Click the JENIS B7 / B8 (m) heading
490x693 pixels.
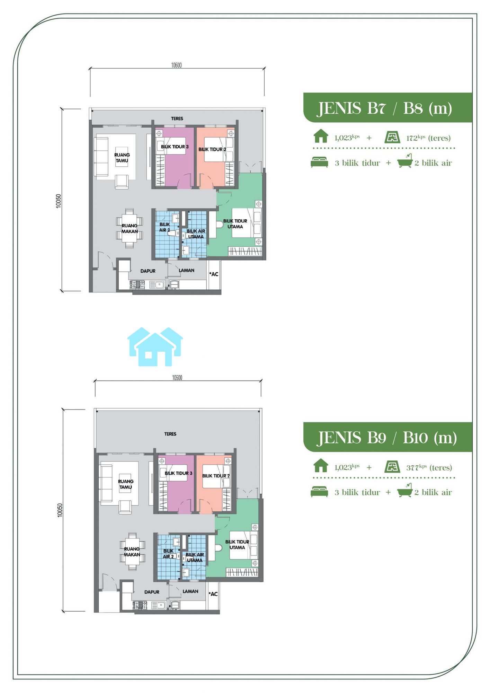pos(385,108)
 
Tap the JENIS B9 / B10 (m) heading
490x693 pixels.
pos(387,438)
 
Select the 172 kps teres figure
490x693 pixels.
pos(428,138)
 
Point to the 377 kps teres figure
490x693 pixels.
pos(429,467)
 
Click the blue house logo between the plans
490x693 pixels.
pos(155,346)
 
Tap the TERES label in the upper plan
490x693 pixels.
pos(177,119)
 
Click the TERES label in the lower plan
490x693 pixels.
pos(170,434)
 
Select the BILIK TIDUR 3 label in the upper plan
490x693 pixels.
pos(175,147)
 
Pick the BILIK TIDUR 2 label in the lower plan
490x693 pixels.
pos(216,476)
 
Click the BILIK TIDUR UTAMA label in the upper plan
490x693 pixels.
pos(235,224)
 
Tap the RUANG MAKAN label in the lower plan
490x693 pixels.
pos(132,552)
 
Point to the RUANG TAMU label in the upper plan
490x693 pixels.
pos(122,158)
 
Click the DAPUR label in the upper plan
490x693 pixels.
pos(148,271)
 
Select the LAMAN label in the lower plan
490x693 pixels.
pos(190,591)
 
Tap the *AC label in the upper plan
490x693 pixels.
pos(214,274)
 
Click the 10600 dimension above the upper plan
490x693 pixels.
pos(176,65)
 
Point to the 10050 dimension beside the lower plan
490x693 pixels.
pos(60,510)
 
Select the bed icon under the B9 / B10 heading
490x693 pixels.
pos(319,492)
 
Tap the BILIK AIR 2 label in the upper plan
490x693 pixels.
pos(164,227)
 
